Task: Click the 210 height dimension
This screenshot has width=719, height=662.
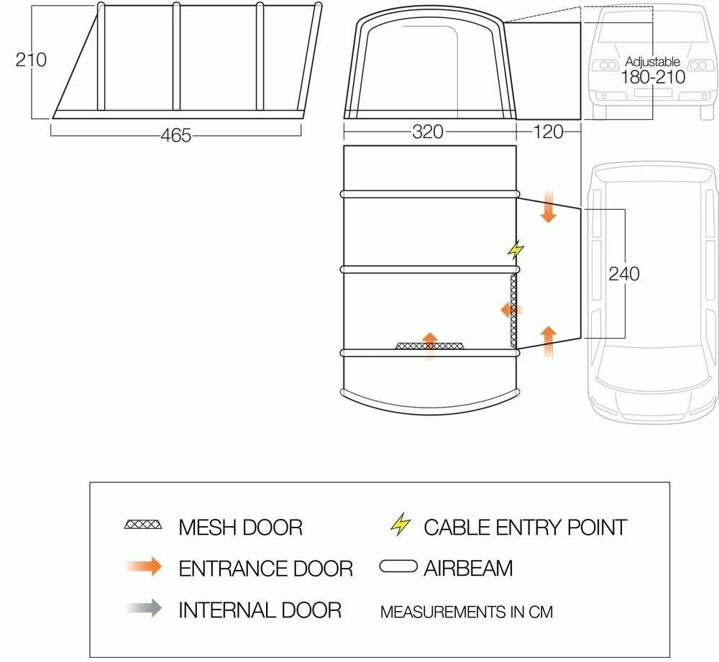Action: tap(31, 60)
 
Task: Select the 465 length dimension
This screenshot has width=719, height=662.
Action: tap(176, 134)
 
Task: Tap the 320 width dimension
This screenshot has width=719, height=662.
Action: tap(429, 132)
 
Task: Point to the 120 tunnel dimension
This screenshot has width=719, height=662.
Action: tap(547, 132)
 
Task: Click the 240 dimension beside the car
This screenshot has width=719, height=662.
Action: tap(623, 274)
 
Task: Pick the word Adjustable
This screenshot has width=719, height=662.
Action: tap(652, 63)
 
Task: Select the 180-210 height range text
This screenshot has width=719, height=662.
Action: tap(652, 77)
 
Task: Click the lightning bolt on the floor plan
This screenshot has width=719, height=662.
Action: tap(516, 249)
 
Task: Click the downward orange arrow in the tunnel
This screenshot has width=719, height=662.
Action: tap(549, 207)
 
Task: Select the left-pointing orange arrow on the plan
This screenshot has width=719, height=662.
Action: tap(511, 310)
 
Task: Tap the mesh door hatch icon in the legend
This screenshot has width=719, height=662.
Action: tap(143, 525)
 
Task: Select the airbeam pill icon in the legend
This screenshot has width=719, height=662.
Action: tap(398, 568)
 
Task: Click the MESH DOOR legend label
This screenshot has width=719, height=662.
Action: tap(240, 527)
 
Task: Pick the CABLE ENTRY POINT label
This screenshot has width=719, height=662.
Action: tap(525, 527)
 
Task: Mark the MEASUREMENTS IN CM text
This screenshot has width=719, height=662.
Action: tap(466, 612)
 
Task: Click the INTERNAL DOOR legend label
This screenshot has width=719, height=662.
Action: tap(260, 610)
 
